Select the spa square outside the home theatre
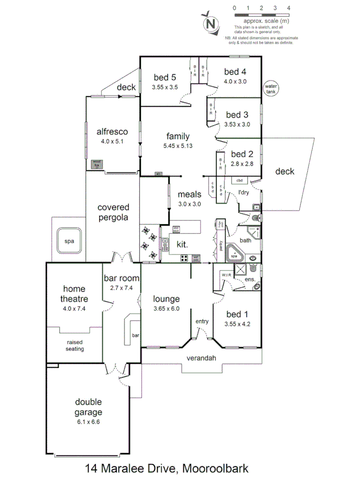click(x=69, y=241)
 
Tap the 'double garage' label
click(x=89, y=407)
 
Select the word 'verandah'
click(x=201, y=358)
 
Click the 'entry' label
click(x=202, y=321)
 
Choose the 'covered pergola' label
click(x=113, y=212)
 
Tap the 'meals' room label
click(x=189, y=195)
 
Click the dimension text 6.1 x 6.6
click(x=89, y=422)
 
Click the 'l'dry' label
click(x=243, y=192)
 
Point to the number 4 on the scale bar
click(x=289, y=8)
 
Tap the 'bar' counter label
click(x=135, y=335)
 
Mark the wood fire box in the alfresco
click(x=97, y=164)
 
